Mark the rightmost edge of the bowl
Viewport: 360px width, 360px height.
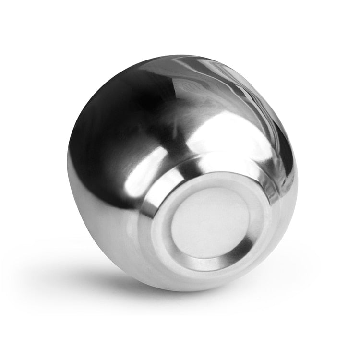coord(297,178)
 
